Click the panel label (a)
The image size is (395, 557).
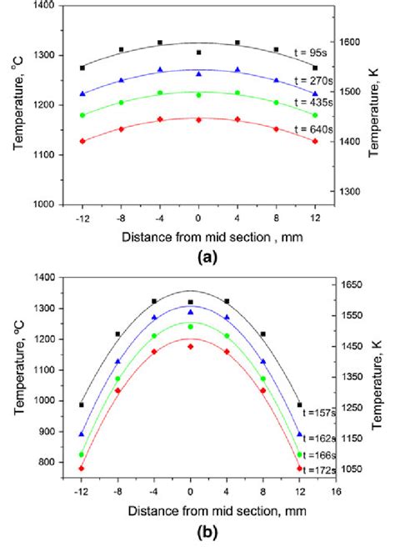tap(198, 258)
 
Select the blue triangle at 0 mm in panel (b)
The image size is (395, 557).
tap(191, 312)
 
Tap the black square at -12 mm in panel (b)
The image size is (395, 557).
tap(82, 405)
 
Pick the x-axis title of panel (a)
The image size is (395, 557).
tap(198, 237)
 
